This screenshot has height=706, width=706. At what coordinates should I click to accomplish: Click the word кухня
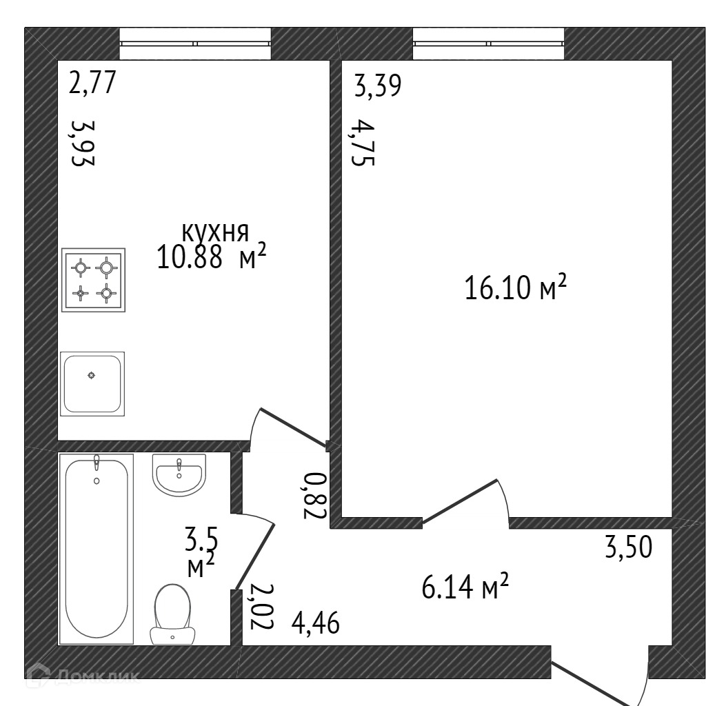coord(214,232)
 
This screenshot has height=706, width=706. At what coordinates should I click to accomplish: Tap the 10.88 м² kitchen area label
coord(212,259)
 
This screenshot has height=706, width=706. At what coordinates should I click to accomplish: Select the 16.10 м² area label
coord(516,288)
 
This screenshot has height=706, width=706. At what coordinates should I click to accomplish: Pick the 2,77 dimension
coord(92,84)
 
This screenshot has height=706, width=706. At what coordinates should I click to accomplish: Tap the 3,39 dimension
coord(378,87)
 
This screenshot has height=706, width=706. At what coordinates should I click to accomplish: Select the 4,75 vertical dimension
coord(363,143)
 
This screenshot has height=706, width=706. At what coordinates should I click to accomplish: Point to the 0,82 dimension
coord(314,494)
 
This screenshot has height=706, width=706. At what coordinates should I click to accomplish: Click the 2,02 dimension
coord(262,607)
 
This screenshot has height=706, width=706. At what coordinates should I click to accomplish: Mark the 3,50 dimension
coord(628,548)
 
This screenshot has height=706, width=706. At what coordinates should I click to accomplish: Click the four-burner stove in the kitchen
coord(93,280)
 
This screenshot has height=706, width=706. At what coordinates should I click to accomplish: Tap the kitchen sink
coord(92,383)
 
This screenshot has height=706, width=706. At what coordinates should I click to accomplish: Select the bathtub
coord(96,548)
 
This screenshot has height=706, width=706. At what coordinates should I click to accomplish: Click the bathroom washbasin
coord(179,474)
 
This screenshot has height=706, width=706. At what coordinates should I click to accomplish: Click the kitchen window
coord(195,43)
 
